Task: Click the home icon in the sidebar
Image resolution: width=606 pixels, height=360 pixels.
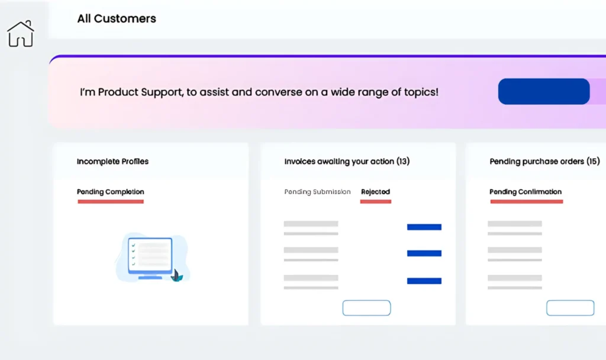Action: click(x=21, y=34)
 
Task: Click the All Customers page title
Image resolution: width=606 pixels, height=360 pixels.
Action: click(x=117, y=18)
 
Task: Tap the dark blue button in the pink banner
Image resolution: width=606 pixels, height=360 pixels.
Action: click(x=544, y=91)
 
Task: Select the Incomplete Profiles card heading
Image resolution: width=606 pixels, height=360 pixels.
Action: click(x=112, y=161)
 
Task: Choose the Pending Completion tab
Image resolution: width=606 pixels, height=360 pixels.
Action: click(x=111, y=192)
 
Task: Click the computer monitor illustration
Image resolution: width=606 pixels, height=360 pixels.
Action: click(x=150, y=257)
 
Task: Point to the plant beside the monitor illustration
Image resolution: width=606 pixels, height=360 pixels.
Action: click(x=177, y=276)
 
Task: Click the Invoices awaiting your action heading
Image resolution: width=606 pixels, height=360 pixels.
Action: click(x=347, y=161)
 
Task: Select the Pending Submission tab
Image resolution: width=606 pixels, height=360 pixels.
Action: click(x=317, y=192)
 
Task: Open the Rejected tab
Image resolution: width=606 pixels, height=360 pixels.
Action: click(x=375, y=192)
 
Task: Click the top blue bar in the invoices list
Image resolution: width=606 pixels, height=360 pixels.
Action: click(x=424, y=227)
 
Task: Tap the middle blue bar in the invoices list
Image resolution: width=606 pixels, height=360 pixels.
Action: click(x=424, y=253)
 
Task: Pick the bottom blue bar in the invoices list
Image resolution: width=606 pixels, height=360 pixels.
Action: click(x=424, y=281)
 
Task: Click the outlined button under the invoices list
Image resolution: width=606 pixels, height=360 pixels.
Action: click(x=366, y=308)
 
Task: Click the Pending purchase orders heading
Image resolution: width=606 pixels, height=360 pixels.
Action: click(x=544, y=161)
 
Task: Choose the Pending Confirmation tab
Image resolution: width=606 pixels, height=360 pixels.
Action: click(x=526, y=192)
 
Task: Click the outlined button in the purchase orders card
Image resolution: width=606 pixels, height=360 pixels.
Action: click(x=570, y=308)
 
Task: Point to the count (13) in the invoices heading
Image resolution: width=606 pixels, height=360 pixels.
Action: click(x=403, y=161)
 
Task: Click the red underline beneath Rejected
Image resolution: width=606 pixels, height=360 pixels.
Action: click(x=376, y=201)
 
